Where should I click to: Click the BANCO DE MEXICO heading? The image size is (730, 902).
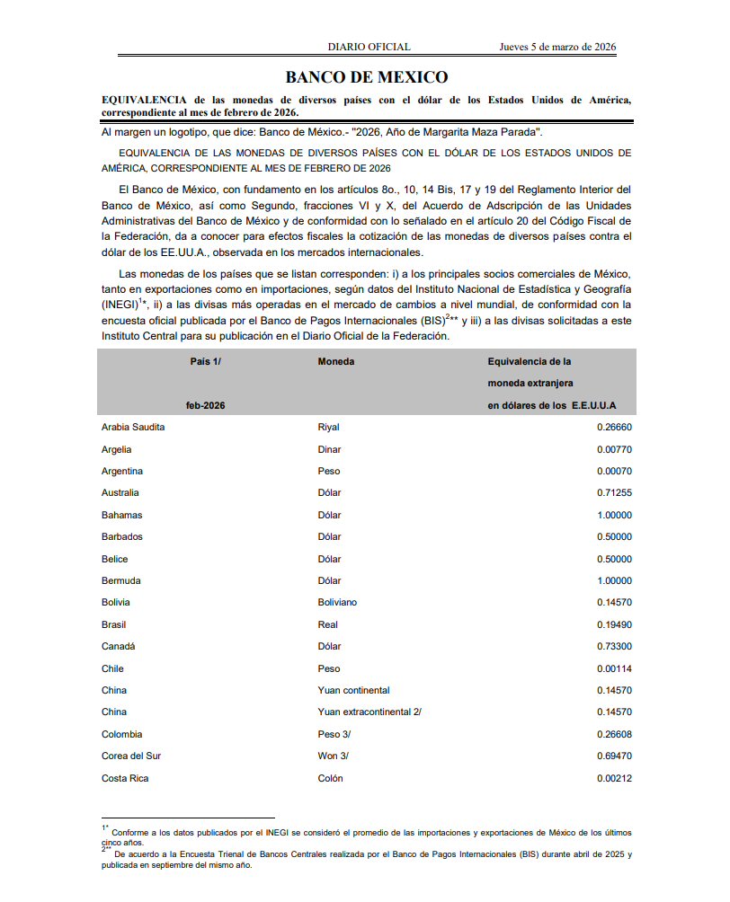366,77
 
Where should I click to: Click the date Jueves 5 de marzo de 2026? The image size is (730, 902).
557,47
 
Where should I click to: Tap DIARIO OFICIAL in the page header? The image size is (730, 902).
369,47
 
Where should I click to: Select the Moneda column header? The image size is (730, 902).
335,361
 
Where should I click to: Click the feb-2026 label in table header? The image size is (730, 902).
205,405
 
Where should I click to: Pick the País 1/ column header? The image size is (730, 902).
205,361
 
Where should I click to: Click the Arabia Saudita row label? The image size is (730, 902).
133,427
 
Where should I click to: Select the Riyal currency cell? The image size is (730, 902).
328,427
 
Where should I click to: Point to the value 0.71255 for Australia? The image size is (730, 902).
614,492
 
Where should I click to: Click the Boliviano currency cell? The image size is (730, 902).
337,602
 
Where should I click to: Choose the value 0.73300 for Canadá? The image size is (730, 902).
614,646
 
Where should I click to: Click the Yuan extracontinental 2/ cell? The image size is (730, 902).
369,712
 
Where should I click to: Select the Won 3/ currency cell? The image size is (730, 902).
333,756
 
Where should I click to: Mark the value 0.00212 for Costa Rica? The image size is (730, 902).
614,778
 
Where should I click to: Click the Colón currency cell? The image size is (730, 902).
330,778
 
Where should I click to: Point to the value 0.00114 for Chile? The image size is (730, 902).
614,668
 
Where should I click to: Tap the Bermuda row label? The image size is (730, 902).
121,580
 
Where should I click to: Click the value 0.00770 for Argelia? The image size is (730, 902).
614,449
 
